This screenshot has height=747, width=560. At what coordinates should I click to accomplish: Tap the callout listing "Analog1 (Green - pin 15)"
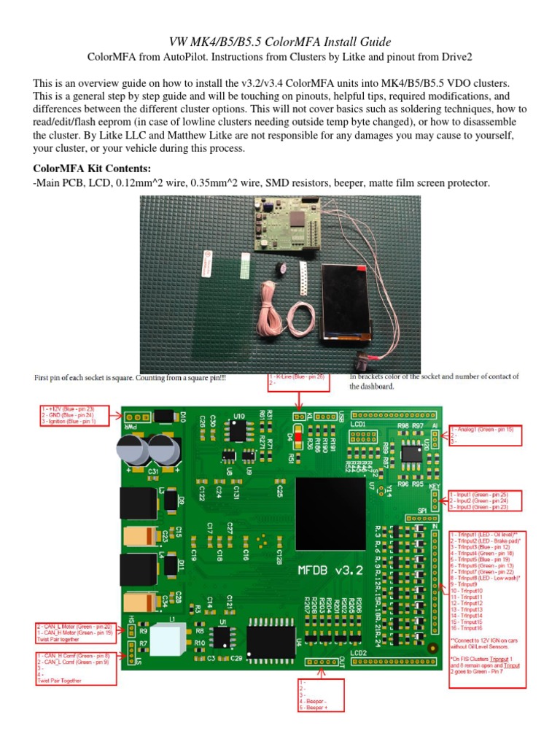[x=486, y=435]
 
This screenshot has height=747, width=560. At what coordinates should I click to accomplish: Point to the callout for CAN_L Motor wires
[x=75, y=630]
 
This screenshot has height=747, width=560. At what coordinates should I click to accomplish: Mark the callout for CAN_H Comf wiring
[x=75, y=668]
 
